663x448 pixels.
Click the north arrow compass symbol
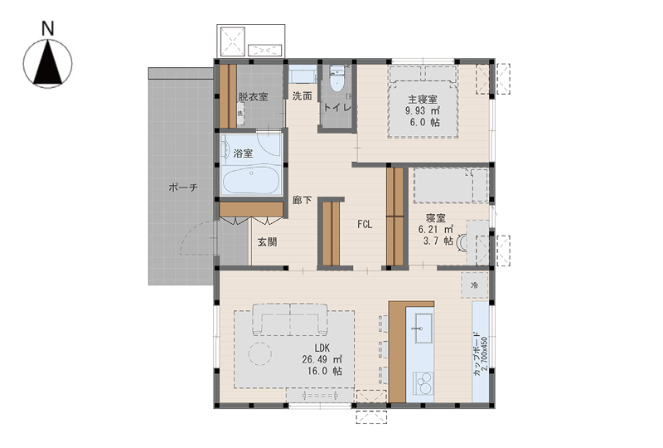pyautogui.click(x=47, y=64)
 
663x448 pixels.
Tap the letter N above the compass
pyautogui.click(x=48, y=28)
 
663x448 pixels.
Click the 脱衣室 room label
pyautogui.click(x=253, y=96)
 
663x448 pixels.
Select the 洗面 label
pyautogui.click(x=302, y=96)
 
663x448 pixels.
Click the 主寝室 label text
pyautogui.click(x=423, y=100)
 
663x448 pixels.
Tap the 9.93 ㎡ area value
pyautogui.click(x=423, y=111)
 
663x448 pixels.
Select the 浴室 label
pyautogui.click(x=243, y=153)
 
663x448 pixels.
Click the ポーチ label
pyautogui.click(x=183, y=187)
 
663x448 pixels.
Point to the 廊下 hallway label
pyautogui.click(x=302, y=200)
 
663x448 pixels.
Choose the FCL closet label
pyautogui.click(x=365, y=225)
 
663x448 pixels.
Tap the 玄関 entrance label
pyautogui.click(x=268, y=241)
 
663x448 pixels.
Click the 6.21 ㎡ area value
pyautogui.click(x=436, y=230)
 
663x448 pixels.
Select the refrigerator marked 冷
pyautogui.click(x=475, y=285)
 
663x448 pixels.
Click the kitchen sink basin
pyautogui.click(x=423, y=329)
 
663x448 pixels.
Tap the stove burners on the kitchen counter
pyautogui.click(x=423, y=383)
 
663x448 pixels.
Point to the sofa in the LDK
pyautogui.click(x=290, y=319)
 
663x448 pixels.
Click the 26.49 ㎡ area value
pyautogui.click(x=322, y=359)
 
